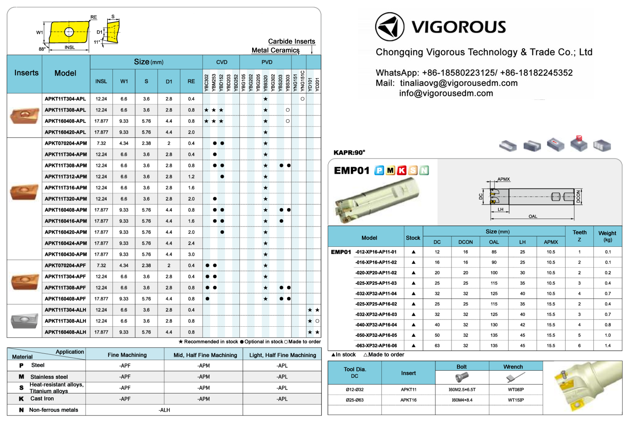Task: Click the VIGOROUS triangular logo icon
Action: pyautogui.click(x=389, y=27)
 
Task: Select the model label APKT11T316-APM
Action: pyautogui.click(x=66, y=188)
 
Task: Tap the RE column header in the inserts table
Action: pyautogui.click(x=191, y=81)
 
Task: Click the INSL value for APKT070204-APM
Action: pyautogui.click(x=101, y=143)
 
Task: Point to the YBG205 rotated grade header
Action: pyautogui.click(x=258, y=82)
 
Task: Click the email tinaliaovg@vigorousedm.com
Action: pyautogui.click(x=459, y=83)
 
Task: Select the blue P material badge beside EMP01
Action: pyautogui.click(x=380, y=170)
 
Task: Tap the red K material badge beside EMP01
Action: pyautogui.click(x=402, y=170)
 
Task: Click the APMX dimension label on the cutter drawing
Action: pyautogui.click(x=503, y=179)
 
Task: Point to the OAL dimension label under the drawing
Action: pyautogui.click(x=533, y=216)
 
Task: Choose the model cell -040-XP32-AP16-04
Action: pyautogui.click(x=376, y=325)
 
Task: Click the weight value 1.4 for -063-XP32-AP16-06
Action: pyautogui.click(x=607, y=345)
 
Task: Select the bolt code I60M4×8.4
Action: pyautogui.click(x=462, y=400)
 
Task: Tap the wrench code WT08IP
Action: pyautogui.click(x=516, y=389)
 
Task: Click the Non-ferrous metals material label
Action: pyautogui.click(x=54, y=410)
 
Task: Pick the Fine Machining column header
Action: pyautogui.click(x=127, y=355)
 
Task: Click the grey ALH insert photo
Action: pyautogui.click(x=24, y=320)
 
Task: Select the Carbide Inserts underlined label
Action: pyautogui.click(x=291, y=41)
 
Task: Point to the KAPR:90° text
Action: pyautogui.click(x=349, y=153)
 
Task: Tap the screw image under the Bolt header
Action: pyautogui.click(x=462, y=377)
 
